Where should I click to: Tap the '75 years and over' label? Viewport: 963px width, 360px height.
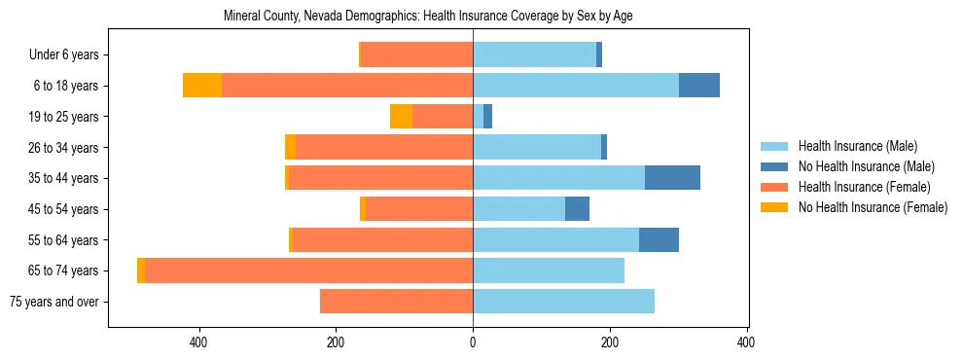pos(54,302)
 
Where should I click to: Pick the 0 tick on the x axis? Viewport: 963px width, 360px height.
pos(473,342)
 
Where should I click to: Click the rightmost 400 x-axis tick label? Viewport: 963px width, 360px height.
pos(746,342)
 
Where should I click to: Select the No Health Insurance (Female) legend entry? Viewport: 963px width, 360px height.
pos(873,207)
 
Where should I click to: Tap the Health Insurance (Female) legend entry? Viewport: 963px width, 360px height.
pos(864,187)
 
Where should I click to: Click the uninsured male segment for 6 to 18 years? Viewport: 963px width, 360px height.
pos(699,86)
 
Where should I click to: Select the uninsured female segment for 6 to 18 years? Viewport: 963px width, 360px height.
pos(202,86)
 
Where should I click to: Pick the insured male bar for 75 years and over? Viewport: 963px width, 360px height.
pos(563,302)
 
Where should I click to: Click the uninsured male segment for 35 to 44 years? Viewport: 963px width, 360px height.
pos(672,178)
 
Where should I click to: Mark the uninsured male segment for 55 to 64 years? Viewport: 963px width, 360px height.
pos(659,239)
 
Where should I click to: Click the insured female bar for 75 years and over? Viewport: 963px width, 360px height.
pos(396,302)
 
